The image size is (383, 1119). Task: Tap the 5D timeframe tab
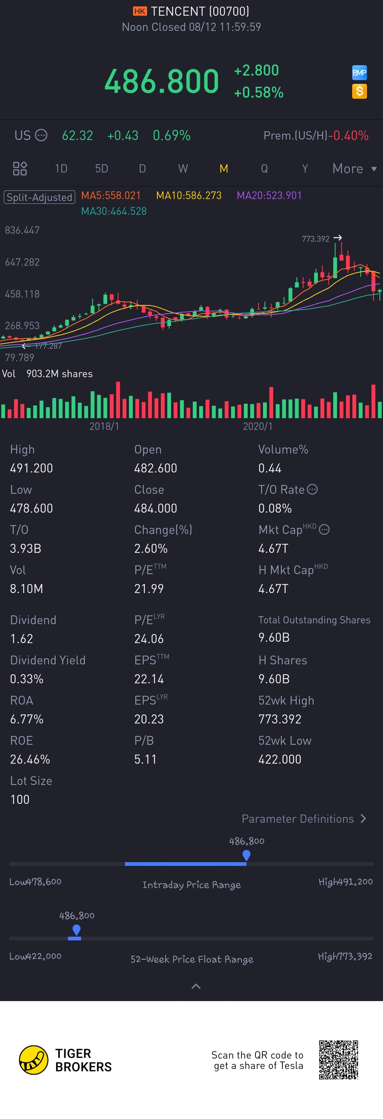[102, 168]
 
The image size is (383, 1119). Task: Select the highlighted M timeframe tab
[224, 168]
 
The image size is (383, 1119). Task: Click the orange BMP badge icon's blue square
[359, 73]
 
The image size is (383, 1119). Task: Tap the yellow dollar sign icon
[359, 91]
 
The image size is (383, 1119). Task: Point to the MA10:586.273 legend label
[189, 195]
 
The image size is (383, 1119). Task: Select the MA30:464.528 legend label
[114, 211]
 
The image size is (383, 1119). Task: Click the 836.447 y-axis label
[22, 230]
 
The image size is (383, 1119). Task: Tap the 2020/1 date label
[257, 426]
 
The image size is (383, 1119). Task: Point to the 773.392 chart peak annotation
[316, 239]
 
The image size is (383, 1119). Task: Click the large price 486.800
[161, 81]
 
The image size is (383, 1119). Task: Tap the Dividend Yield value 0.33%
[27, 679]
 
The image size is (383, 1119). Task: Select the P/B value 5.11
[145, 759]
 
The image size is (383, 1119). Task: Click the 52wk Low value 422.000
[280, 759]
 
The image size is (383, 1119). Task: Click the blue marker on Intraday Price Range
[246, 855]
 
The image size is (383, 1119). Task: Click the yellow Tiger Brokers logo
[34, 1060]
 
